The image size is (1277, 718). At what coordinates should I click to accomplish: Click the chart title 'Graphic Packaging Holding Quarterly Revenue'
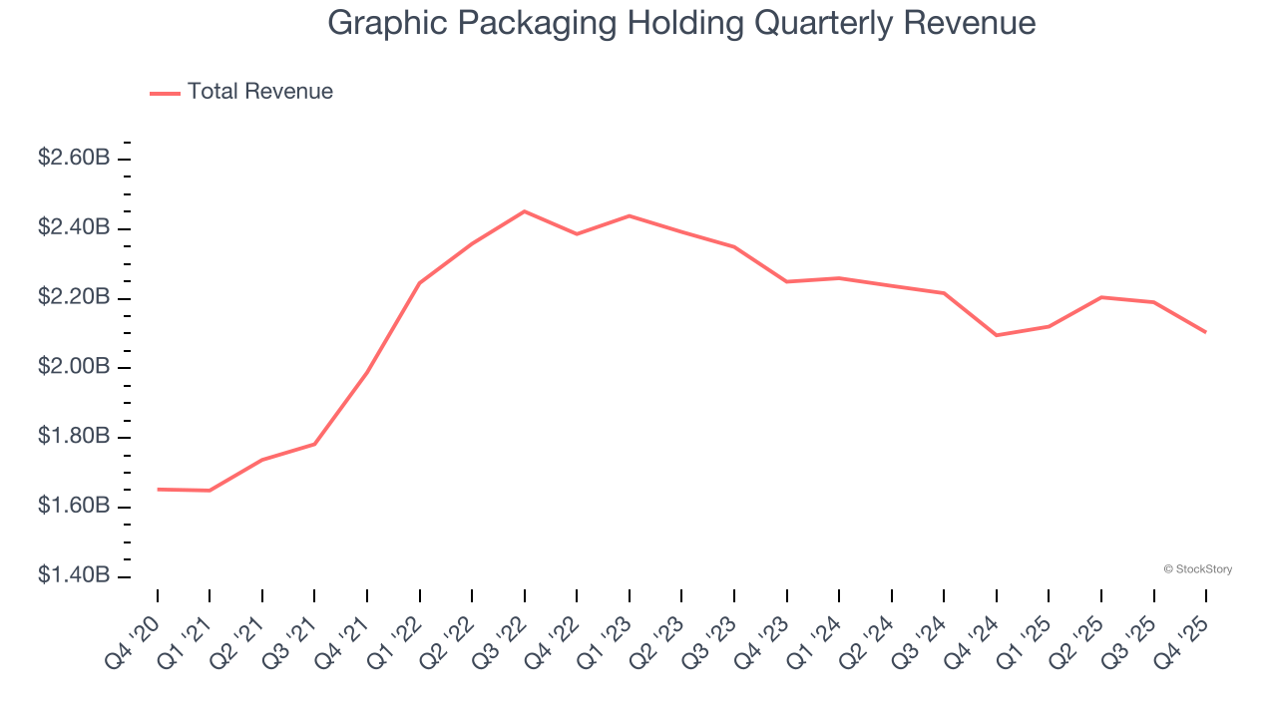coord(681,23)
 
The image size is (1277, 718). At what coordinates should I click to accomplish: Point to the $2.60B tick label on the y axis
coord(74,158)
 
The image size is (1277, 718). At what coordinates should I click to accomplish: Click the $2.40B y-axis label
coord(74,227)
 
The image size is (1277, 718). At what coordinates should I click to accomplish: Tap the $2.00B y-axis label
coord(74,367)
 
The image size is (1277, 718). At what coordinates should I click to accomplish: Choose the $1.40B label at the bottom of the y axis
coord(74,575)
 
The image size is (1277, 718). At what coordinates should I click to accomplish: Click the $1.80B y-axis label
coord(74,437)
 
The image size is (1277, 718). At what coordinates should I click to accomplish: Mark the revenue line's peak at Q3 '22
coord(525,211)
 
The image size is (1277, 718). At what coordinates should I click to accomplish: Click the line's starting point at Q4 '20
coord(158,490)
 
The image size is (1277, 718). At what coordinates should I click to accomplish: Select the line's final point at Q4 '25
coord(1206,332)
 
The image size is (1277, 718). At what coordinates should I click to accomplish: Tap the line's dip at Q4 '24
coord(997,335)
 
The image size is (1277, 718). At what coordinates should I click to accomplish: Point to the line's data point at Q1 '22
coord(420,283)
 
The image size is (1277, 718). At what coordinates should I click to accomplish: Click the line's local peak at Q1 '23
coord(630,215)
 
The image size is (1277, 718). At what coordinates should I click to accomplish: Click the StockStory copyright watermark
coord(1197,569)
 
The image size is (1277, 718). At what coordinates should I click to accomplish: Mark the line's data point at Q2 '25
coord(1101,297)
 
